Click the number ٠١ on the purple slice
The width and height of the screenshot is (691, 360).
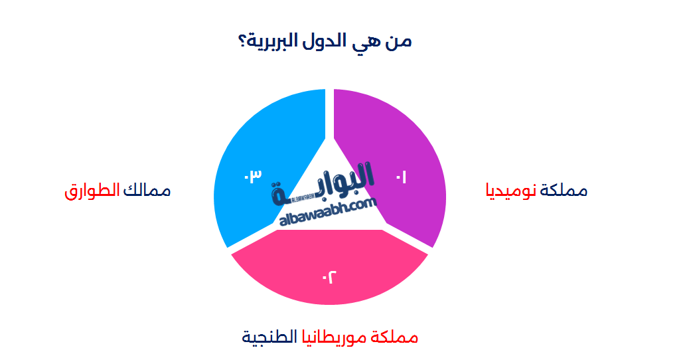coord(401,177)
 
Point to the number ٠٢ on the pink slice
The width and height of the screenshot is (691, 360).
coord(329,276)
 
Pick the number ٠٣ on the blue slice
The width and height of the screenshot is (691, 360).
coord(252,175)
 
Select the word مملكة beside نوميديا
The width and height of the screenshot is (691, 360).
coord(564,191)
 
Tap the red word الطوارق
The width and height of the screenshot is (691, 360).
coord(92,191)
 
